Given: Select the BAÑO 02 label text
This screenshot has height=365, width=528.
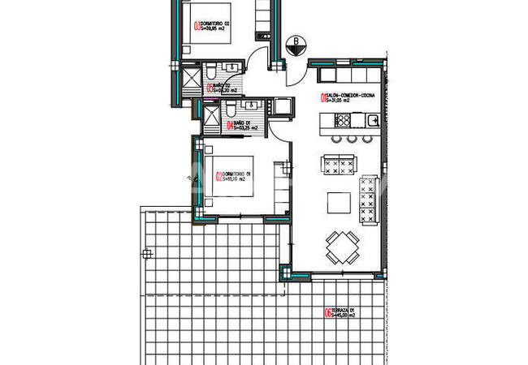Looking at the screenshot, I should [220, 88].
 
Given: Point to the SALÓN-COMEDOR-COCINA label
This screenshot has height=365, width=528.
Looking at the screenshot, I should [349, 98].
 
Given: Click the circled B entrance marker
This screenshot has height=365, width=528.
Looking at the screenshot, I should [296, 43].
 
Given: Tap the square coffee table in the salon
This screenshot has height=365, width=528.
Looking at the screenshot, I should [337, 200].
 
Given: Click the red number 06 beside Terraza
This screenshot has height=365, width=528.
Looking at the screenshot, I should [327, 313].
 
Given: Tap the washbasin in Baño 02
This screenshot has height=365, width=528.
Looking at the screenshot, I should [232, 67].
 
